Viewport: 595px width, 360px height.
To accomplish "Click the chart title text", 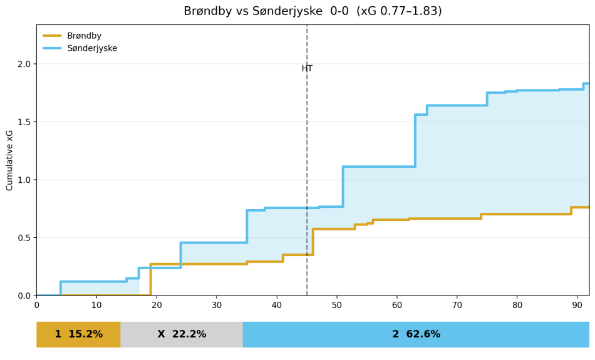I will tap(313, 11).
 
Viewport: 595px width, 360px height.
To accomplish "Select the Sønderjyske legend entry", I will tap(91, 48).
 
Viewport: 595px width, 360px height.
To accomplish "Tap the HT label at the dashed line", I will tap(307, 69).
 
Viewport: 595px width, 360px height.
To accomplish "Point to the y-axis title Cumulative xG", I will tap(10, 160).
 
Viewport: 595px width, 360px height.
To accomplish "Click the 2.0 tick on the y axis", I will tap(24, 64).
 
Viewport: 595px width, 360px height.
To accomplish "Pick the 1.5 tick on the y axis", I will tap(24, 122).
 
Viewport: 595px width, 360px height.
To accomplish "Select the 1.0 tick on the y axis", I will tap(24, 180).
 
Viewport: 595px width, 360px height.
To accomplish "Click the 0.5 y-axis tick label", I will tap(24, 238).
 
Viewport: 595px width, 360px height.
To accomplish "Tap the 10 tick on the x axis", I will tap(96, 305).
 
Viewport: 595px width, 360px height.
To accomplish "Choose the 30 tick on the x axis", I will tap(217, 305).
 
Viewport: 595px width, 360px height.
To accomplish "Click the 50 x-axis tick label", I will tap(337, 305).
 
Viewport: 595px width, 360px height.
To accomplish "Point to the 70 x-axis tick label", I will tap(457, 305).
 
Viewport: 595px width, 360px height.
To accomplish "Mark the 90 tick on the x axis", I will tap(577, 305).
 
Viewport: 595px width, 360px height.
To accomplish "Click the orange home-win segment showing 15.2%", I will tap(78, 334).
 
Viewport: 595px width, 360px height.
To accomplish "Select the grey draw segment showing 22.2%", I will tap(182, 334).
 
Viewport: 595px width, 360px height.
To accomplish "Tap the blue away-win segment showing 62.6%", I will tap(416, 334).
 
